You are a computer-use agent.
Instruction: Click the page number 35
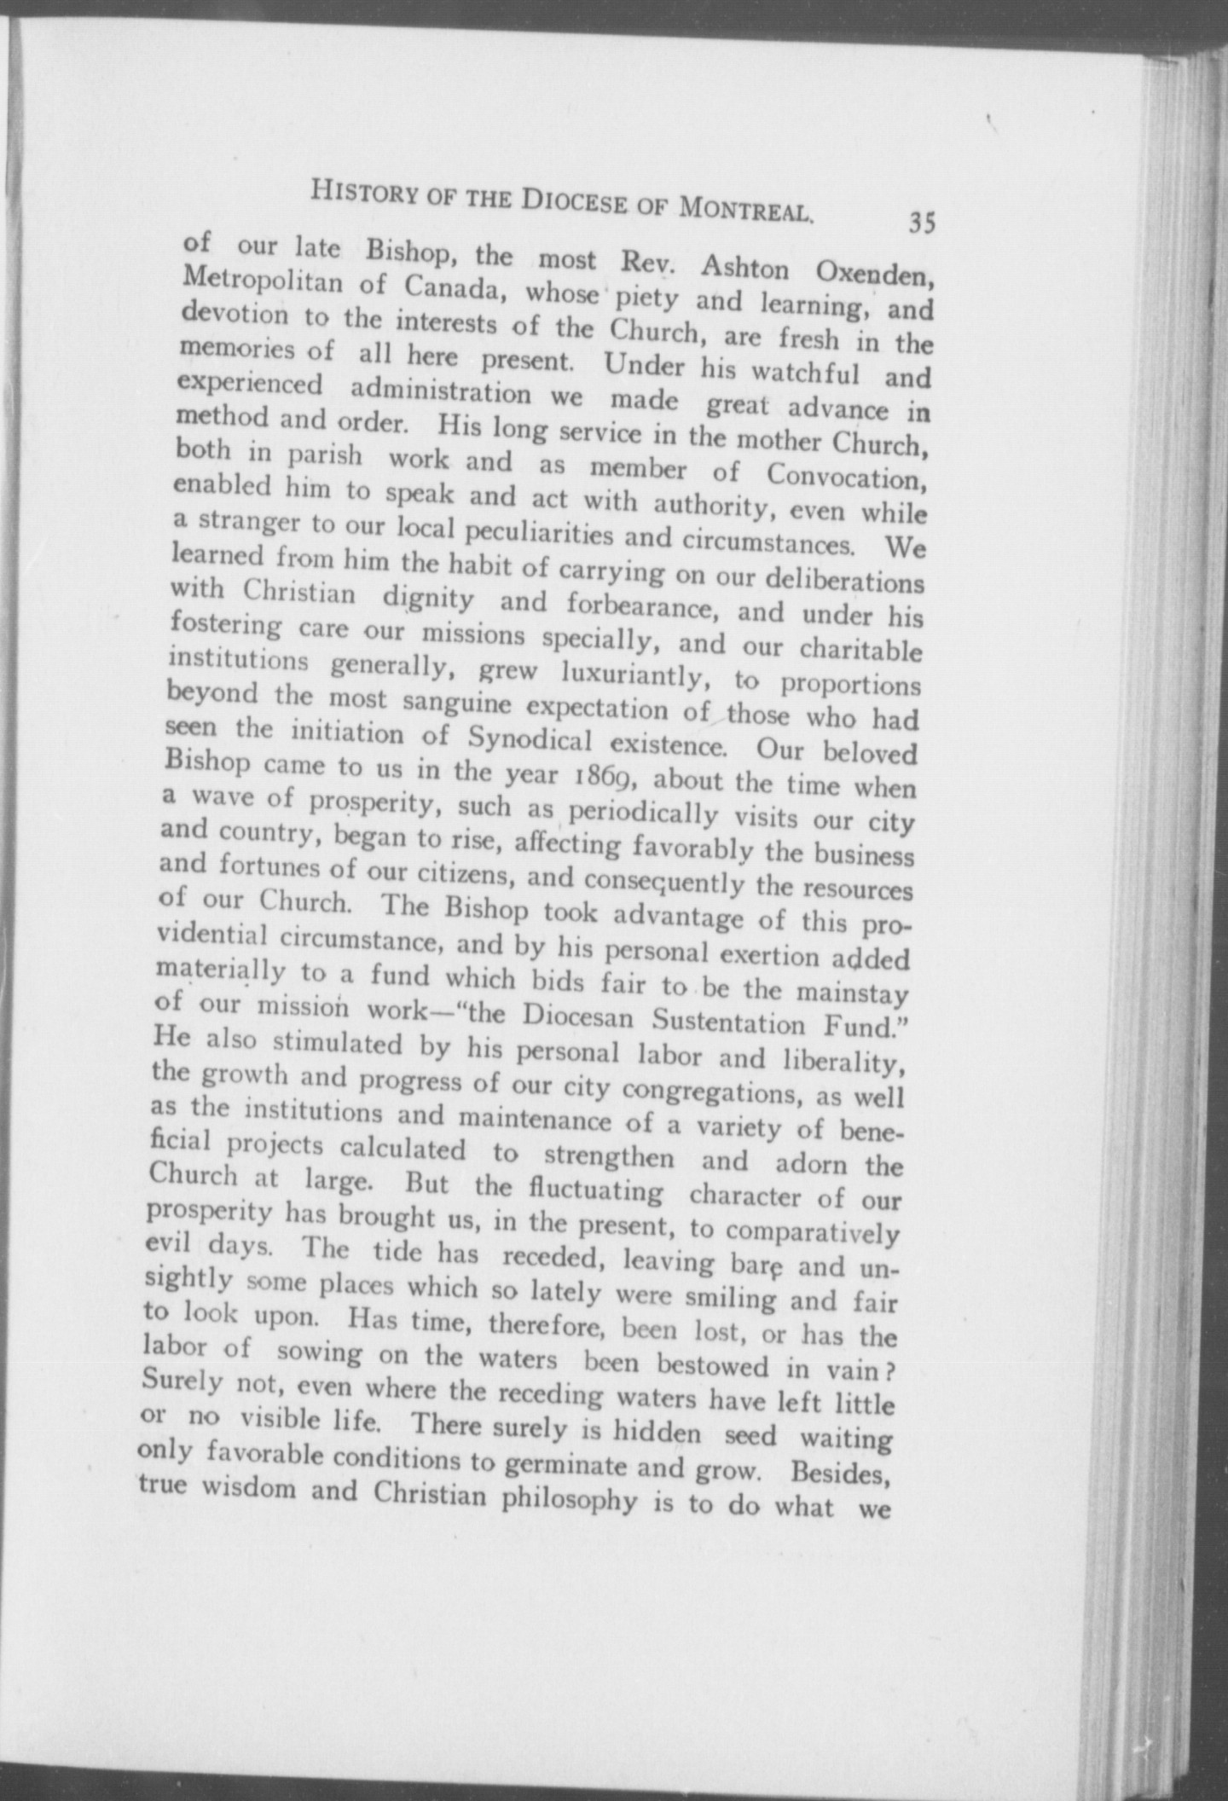coord(922,222)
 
